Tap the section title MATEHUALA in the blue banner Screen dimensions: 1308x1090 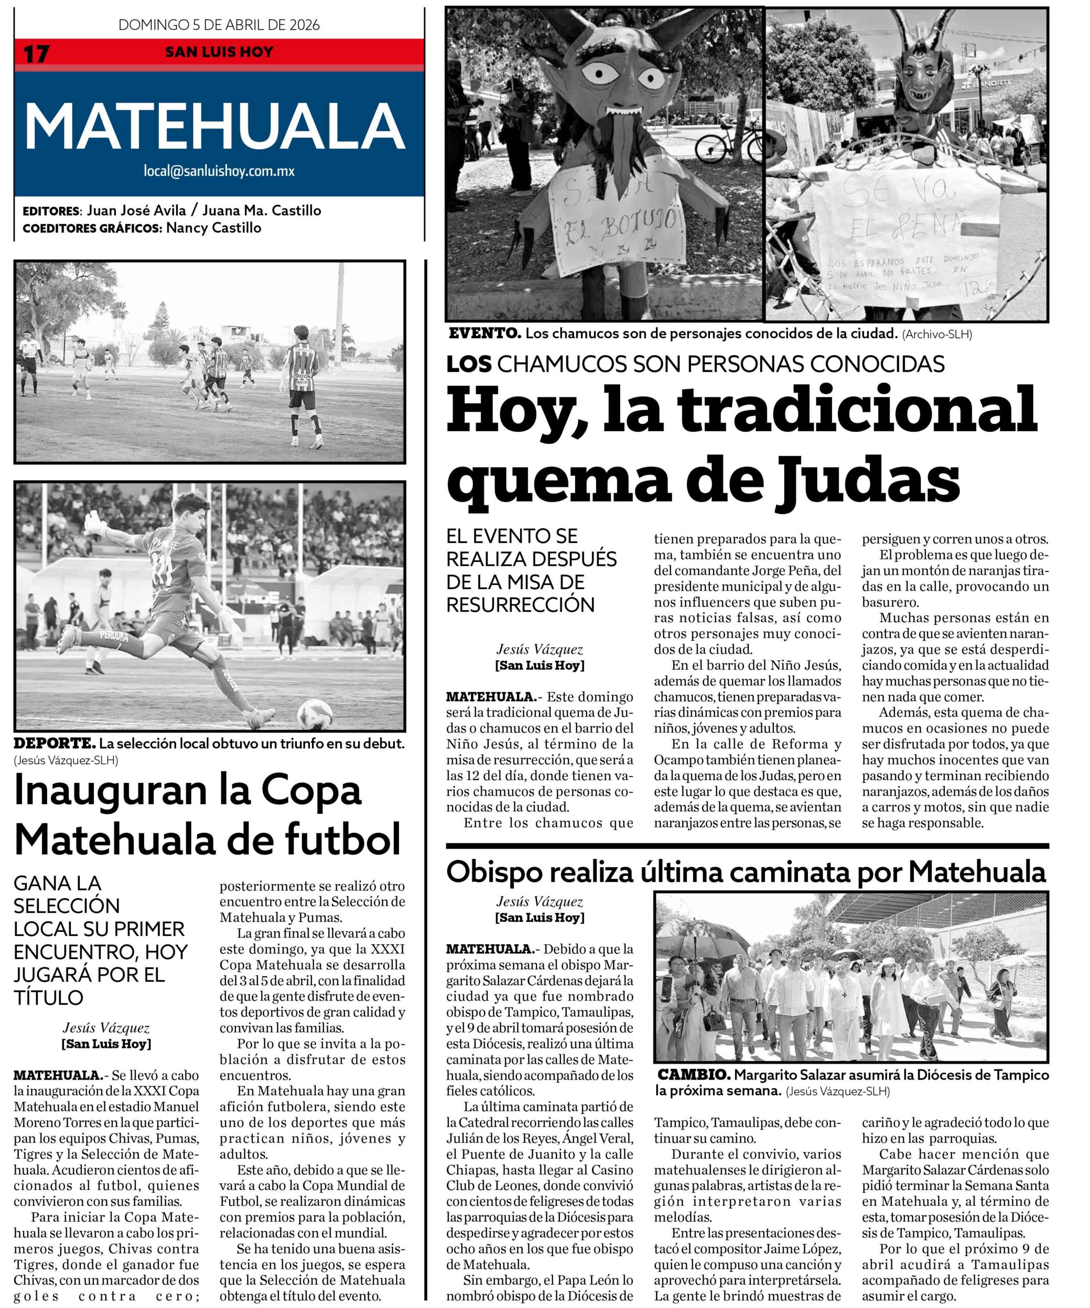coord(214,126)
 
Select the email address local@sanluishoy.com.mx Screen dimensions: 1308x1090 coord(219,171)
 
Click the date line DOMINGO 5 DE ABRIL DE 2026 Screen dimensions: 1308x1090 coord(219,25)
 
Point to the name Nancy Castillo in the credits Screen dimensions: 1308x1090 coord(214,228)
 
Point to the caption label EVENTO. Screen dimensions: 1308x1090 coord(484,333)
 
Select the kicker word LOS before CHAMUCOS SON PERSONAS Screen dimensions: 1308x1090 coord(469,364)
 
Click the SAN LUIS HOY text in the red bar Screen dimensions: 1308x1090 coord(219,52)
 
